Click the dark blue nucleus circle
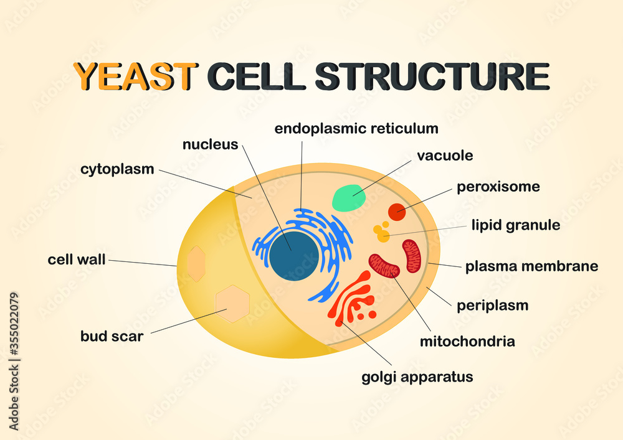coord(293,255)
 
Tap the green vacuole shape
coord(349,198)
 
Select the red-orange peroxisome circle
coord(397,212)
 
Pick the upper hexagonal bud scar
coord(196,263)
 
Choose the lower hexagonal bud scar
coord(232,303)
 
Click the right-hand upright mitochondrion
coord(412,256)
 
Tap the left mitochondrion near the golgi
coord(384,266)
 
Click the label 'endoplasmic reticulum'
coord(356,129)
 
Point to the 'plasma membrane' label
coord(531,266)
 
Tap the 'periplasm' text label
coord(492,306)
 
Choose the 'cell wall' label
coord(77,260)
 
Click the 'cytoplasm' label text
coord(117,169)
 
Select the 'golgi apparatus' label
coord(417,377)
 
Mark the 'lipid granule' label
coord(515,225)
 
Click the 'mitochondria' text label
coord(467,341)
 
